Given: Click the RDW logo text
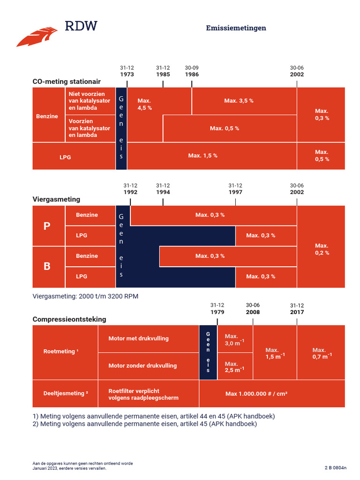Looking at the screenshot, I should pyautogui.click(x=81, y=26).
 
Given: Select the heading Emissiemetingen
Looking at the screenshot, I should pyautogui.click(x=236, y=28).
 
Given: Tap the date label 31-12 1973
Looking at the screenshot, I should pyautogui.click(x=127, y=71).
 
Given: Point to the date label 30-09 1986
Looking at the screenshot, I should pyautogui.click(x=192, y=71).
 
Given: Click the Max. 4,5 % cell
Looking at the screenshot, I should pyautogui.click(x=144, y=105).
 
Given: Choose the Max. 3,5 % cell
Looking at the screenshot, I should pyautogui.click(x=239, y=101).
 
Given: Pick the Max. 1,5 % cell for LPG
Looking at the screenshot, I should pyautogui.click(x=202, y=156).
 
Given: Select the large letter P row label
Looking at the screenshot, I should pyautogui.click(x=47, y=226).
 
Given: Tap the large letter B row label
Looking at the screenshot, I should pyautogui.click(x=47, y=267).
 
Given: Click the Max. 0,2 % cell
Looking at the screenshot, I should pyautogui.click(x=322, y=249).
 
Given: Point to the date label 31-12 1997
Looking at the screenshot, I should pyautogui.click(x=235, y=189).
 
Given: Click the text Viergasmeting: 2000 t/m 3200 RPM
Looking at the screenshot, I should pyautogui.click(x=85, y=296).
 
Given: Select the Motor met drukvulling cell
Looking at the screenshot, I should pyautogui.click(x=138, y=338).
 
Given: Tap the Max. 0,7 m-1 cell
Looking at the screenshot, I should pyautogui.click(x=322, y=353).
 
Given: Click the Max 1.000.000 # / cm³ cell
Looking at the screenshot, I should pyautogui.click(x=256, y=394).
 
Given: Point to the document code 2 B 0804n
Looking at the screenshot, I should pyautogui.click(x=336, y=468).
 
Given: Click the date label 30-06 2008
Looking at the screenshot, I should pyautogui.click(x=253, y=308).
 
